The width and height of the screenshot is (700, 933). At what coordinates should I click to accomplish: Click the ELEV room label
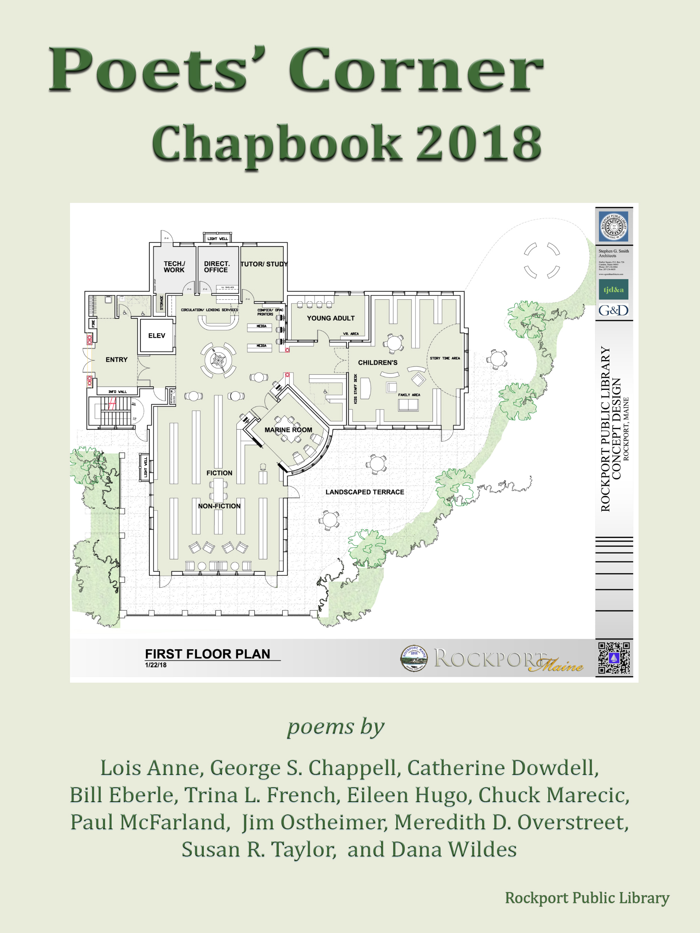157,336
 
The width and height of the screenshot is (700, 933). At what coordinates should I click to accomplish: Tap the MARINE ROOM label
288,430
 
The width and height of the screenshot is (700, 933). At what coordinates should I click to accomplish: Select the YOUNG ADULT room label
331,318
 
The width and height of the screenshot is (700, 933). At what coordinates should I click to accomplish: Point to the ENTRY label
116,359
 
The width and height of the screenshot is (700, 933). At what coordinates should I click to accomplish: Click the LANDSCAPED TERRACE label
364,492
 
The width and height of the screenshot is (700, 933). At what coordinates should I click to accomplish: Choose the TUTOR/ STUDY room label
264,264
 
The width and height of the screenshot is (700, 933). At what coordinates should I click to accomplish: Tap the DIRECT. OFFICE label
217,267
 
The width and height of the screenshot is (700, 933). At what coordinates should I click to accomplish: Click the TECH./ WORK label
174,267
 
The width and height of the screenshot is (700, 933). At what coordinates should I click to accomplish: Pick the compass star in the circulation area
218,360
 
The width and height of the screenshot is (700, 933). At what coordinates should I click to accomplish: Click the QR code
614,658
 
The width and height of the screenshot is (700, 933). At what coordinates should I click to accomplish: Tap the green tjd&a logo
613,289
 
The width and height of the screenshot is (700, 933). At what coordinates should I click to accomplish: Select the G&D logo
613,311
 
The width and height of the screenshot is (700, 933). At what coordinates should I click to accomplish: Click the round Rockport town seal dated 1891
413,658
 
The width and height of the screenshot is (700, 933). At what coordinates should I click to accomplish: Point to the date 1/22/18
156,665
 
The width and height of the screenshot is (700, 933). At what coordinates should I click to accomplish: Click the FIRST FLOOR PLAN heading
208,654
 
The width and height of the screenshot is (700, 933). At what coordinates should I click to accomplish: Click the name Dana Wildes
453,849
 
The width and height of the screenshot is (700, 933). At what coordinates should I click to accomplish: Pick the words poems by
336,726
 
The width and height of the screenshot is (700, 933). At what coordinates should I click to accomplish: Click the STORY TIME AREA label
445,358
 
